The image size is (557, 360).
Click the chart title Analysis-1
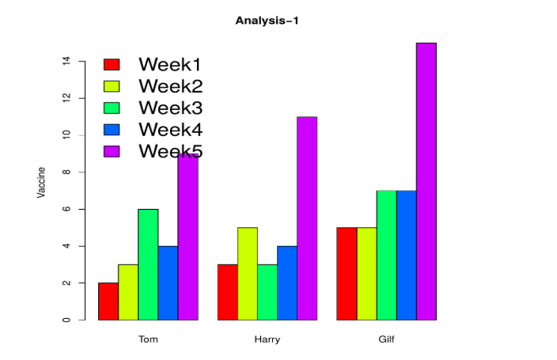tap(267, 21)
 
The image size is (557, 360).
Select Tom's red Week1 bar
tap(108, 301)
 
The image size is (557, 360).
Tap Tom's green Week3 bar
tap(148, 264)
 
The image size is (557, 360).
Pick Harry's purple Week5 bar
tap(307, 218)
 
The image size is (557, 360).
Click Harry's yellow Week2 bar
tap(248, 274)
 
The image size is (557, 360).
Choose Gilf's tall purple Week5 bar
tap(426, 181)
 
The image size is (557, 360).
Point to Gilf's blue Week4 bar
tap(406, 255)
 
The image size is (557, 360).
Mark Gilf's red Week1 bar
tap(347, 274)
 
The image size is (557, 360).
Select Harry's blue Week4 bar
tap(287, 283)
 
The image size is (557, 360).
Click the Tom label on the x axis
tap(148, 339)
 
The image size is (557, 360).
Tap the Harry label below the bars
tap(267, 339)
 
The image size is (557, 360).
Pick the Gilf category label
tap(386, 339)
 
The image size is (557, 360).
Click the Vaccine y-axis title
tap(42, 182)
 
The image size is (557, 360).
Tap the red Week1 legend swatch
tap(112, 64)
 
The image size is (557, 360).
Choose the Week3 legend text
tap(170, 107)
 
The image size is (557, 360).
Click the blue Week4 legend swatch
tap(112, 129)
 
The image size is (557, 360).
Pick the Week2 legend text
tap(170, 85)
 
